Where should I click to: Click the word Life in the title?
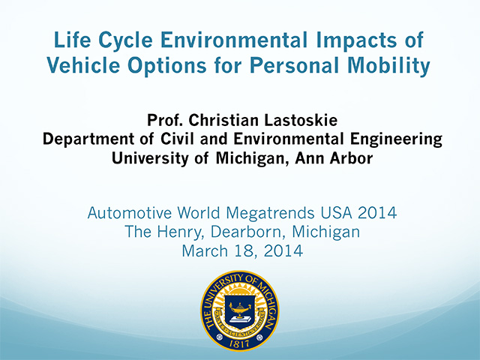[72, 40]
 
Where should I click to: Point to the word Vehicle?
[83, 65]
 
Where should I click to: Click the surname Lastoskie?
[301, 120]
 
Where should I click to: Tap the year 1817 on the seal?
[240, 344]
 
